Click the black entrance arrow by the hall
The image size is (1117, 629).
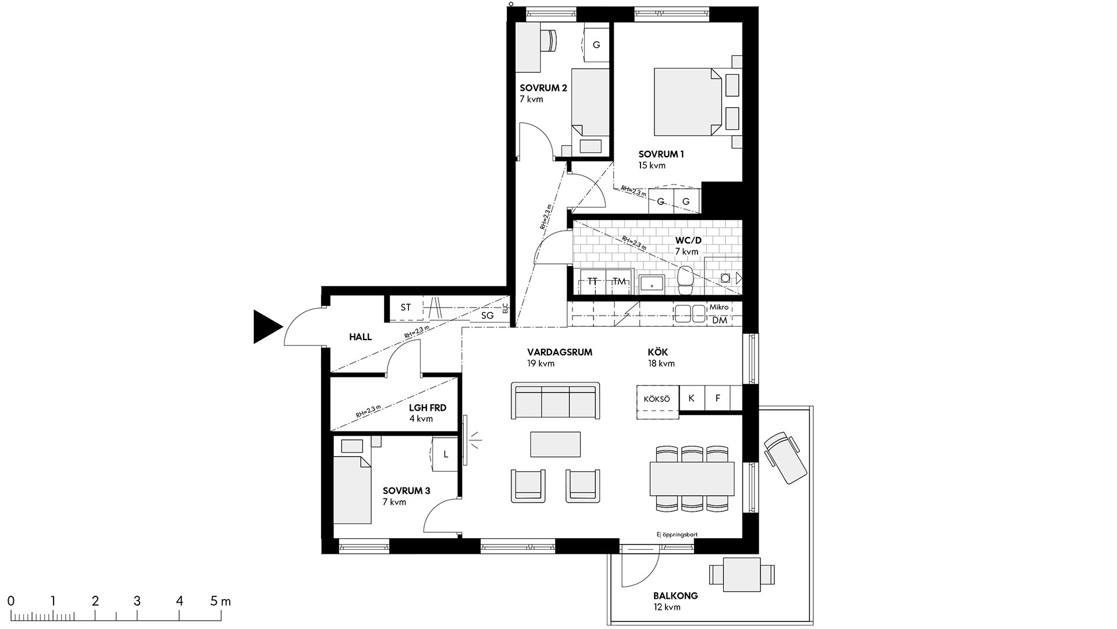click(x=265, y=327)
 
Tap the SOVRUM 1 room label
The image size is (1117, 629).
click(x=661, y=154)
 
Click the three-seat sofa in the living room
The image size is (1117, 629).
click(x=555, y=400)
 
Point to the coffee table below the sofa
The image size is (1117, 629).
click(x=555, y=444)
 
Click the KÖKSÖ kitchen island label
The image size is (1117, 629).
click(x=657, y=399)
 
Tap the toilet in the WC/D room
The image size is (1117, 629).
click(x=686, y=280)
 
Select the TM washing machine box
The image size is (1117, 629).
click(x=619, y=282)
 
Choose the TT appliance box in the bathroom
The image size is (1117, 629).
click(x=592, y=282)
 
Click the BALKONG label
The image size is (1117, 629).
click(x=675, y=596)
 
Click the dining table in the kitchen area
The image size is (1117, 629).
click(x=692, y=478)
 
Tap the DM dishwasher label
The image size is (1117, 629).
click(x=719, y=320)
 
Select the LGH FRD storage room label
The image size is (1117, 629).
click(x=428, y=408)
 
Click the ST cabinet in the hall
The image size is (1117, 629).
click(x=405, y=308)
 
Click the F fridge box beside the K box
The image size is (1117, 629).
click(x=717, y=398)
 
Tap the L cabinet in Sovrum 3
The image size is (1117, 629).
click(x=446, y=454)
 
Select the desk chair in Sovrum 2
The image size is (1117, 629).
click(x=548, y=40)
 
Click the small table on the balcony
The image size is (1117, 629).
click(x=742, y=575)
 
